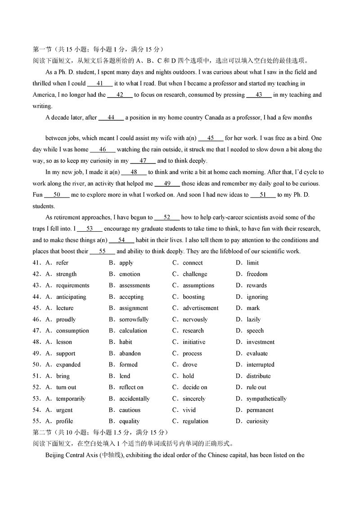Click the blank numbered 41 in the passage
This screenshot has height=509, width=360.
point(100,83)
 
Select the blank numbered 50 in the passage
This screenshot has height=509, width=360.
point(57,195)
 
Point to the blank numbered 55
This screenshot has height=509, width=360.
point(102,251)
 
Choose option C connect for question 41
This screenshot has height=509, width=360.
point(192,263)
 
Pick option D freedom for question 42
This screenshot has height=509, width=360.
point(256,274)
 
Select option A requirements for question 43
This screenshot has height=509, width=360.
point(72,285)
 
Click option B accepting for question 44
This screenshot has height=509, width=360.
point(131,297)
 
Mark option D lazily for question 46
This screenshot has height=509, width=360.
point(253,320)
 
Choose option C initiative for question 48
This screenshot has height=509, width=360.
point(193,342)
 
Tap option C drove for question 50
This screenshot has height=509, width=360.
point(189,365)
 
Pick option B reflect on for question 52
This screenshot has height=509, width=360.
point(131,387)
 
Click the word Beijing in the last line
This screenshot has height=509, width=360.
point(55,455)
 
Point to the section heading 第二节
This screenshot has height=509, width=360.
point(43,432)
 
